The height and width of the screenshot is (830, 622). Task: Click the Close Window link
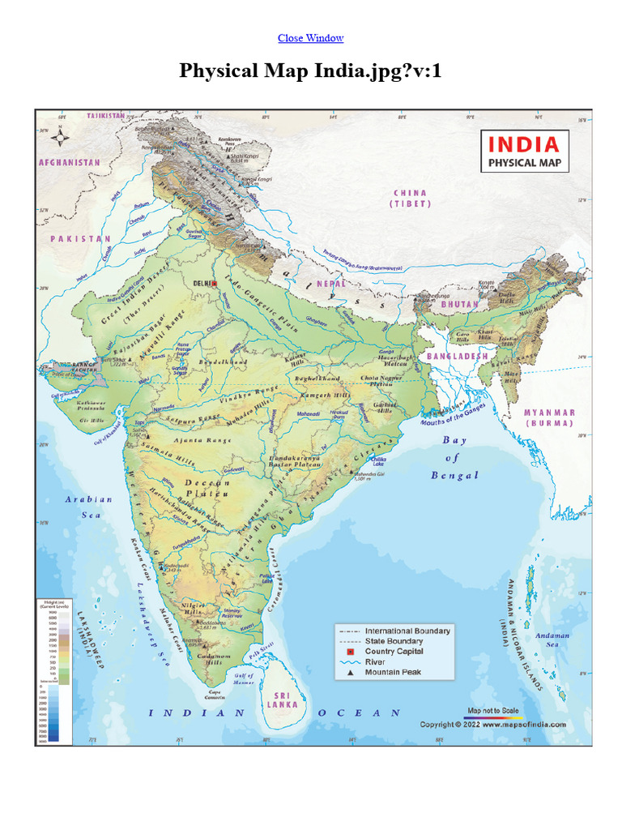pos(310,38)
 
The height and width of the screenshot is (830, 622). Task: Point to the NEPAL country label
pos(330,285)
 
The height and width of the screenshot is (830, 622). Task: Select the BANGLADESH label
pos(458,356)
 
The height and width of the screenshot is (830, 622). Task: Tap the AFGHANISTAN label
pos(70,162)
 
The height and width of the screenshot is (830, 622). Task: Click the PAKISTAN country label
pos(80,239)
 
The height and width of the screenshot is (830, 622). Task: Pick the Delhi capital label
pos(205,283)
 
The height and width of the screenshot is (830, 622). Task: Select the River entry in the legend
pos(375,661)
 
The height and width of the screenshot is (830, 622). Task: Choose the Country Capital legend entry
pos(394,651)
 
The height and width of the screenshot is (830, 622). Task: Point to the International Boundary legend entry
pos(407,631)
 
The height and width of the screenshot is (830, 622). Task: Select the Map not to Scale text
pos(493,711)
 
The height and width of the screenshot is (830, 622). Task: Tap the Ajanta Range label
pos(199,441)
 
